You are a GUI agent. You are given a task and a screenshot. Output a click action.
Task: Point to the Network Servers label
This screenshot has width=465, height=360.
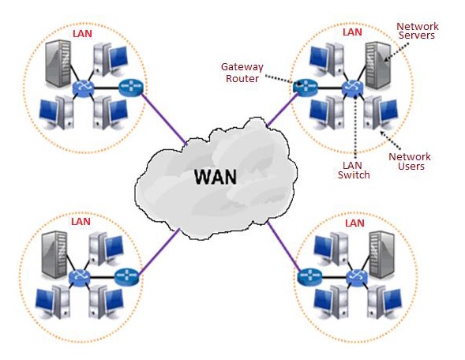417,32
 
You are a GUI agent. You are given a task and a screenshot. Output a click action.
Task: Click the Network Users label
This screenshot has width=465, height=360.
408,161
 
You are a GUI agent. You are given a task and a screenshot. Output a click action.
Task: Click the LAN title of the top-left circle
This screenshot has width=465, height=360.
81,34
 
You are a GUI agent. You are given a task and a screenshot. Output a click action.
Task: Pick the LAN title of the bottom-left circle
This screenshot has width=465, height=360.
81,222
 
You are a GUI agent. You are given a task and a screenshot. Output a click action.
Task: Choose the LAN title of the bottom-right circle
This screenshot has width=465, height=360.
354,223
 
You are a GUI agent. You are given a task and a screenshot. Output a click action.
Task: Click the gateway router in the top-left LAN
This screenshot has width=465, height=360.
128,87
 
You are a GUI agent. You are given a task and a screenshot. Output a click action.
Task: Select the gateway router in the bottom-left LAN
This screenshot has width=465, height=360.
126,276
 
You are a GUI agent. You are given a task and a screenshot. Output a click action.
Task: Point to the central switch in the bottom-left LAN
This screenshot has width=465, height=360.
80,277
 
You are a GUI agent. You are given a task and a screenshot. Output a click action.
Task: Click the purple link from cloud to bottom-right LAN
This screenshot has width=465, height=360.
282,246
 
